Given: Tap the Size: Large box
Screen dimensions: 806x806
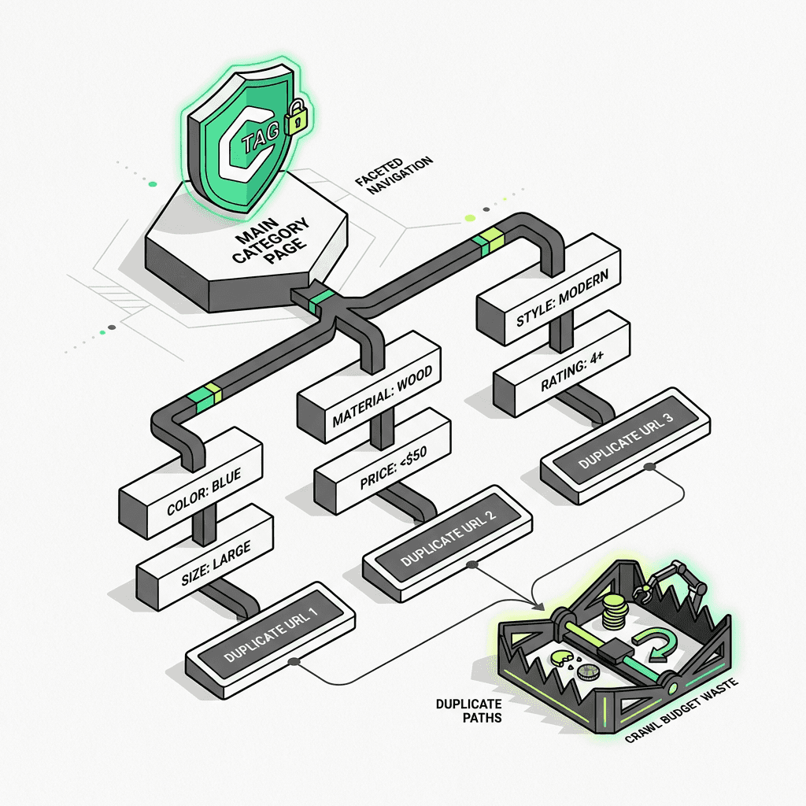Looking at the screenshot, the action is tap(206, 556).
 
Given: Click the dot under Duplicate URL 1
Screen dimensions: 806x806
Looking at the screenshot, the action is tap(294, 663).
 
